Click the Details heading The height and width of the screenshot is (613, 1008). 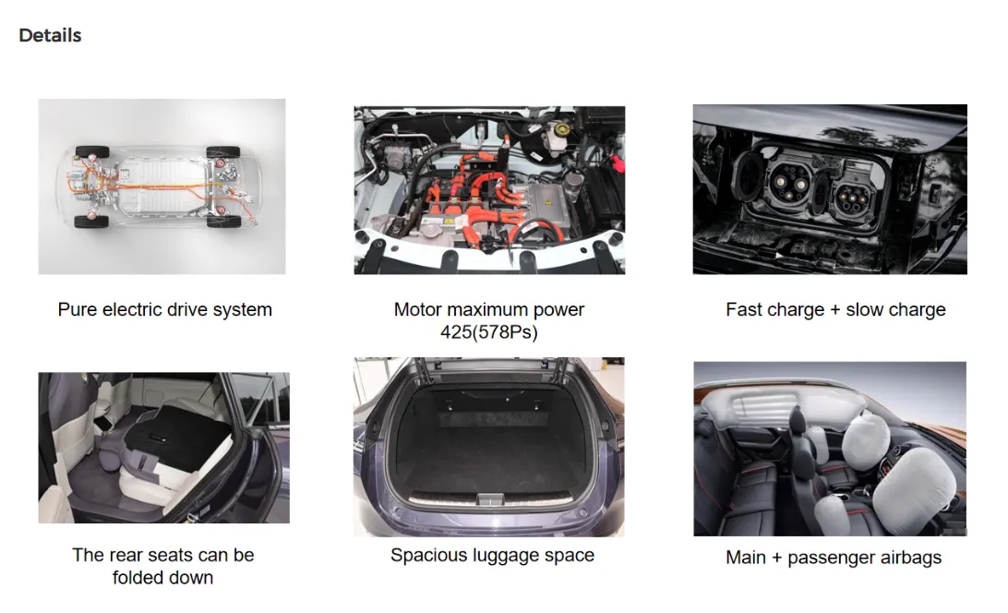coord(50,35)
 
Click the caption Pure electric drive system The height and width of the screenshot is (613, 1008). coord(164,309)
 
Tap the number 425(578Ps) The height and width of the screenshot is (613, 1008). coord(488,332)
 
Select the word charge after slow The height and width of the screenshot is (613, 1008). coord(915,310)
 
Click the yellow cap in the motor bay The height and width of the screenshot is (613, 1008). coord(562,130)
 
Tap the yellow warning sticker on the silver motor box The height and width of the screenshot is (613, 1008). coord(547,202)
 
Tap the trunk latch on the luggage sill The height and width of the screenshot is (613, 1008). coord(490,499)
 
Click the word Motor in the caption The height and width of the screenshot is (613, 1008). coord(418,310)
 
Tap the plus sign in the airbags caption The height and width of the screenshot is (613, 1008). coord(776,559)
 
